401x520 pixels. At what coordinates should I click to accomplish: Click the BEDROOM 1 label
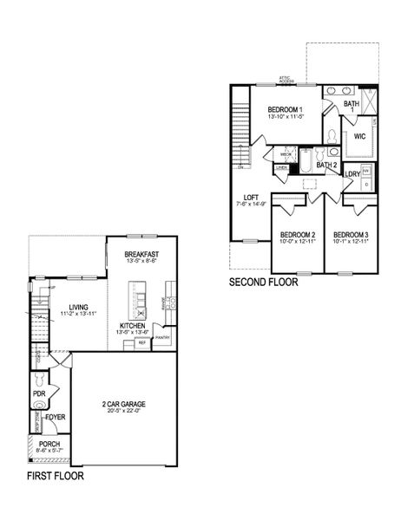(285, 109)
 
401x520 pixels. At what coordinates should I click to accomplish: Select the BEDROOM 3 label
(351, 236)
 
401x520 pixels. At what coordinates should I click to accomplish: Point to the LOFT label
(252, 197)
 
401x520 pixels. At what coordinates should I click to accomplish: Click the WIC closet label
(358, 136)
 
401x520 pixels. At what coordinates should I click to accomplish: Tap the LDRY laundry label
(352, 174)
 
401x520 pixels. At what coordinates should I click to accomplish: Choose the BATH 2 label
(325, 165)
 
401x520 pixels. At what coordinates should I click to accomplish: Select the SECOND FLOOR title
(263, 282)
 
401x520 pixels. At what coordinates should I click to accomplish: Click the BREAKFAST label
(141, 254)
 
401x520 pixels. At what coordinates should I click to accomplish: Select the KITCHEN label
(134, 325)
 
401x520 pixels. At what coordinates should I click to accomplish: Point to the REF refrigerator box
(141, 343)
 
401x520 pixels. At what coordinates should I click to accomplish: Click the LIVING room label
(78, 307)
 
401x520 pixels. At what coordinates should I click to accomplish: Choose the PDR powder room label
(38, 393)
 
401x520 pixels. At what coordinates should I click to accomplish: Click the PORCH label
(49, 443)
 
